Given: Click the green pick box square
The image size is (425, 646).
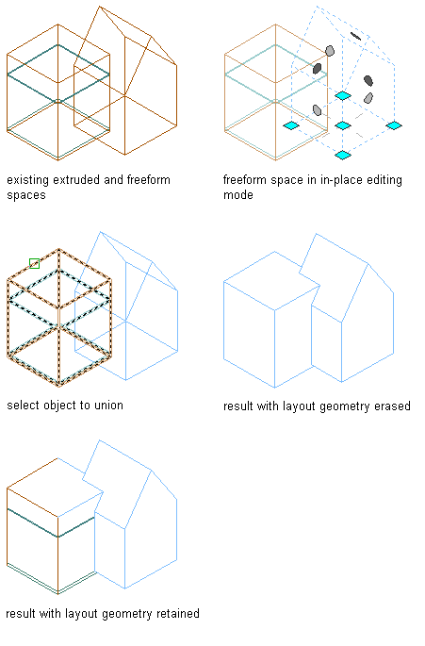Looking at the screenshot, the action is click(x=35, y=263).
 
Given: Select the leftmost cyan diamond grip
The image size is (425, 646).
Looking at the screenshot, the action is click(x=291, y=125).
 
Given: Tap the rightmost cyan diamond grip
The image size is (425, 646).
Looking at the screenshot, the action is click(x=394, y=125).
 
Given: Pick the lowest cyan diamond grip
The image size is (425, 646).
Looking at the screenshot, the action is click(x=343, y=155).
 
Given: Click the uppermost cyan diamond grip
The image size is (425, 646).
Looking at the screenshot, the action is click(x=343, y=95).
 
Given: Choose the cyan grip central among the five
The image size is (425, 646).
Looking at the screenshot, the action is click(x=343, y=125).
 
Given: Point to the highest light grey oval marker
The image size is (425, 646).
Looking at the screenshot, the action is click(x=330, y=51).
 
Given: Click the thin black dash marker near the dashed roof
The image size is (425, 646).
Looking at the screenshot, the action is click(x=356, y=37).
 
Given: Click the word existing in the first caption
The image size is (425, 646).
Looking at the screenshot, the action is click(x=28, y=180).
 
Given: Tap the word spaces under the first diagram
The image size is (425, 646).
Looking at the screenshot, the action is click(x=26, y=195).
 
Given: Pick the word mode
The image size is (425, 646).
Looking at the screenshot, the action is click(x=238, y=195).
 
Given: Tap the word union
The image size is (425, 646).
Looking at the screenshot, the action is click(x=108, y=406).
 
